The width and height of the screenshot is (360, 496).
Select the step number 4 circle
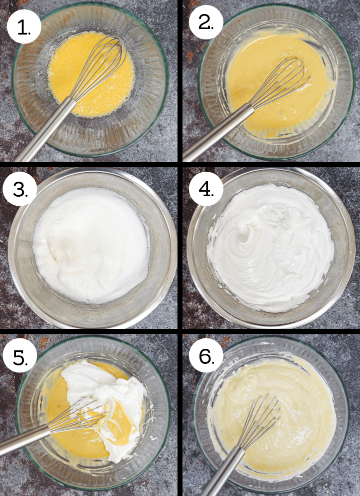point(204,190)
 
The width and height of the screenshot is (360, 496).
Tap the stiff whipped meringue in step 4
point(270,245)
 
